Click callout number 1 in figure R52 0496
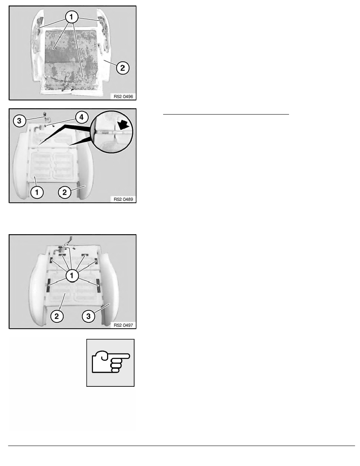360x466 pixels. coord(72,17)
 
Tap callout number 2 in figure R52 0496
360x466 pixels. coord(122,68)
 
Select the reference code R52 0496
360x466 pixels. coord(123,96)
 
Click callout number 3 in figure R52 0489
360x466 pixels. coord(19,121)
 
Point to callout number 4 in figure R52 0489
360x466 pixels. coord(82,117)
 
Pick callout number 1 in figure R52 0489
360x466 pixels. coord(37,192)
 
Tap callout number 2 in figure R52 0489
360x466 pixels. coord(64,192)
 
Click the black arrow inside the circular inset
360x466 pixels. coord(124,125)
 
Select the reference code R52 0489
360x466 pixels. coord(123,199)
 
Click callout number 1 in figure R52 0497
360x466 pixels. coord(72,275)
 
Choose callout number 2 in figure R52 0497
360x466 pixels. coord(56,316)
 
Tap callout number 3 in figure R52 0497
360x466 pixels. coord(88,316)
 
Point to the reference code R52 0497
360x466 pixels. coord(123,325)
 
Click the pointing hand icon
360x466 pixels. coord(111,362)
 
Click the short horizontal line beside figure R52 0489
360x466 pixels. coord(226,114)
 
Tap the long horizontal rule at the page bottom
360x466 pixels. coord(182,446)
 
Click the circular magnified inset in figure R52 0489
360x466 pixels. coord(112,132)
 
